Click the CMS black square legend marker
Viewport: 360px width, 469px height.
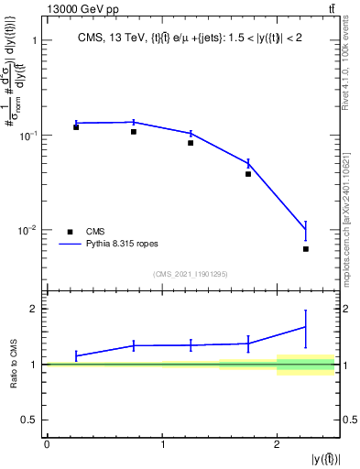tap(70, 232)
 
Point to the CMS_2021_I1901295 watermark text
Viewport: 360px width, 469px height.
tap(190, 274)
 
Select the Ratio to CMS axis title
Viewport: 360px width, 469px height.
tap(14, 365)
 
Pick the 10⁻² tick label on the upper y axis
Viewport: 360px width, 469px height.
tap(27, 230)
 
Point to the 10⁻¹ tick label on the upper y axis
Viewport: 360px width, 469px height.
tap(27, 136)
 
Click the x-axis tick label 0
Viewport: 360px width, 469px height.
tap(47, 444)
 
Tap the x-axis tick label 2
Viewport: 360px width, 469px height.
tap(278, 444)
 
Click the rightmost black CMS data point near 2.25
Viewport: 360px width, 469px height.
tap(306, 249)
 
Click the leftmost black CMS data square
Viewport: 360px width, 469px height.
tap(76, 127)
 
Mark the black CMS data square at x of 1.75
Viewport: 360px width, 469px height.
tap(248, 174)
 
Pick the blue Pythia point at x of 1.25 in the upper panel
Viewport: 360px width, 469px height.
tap(191, 133)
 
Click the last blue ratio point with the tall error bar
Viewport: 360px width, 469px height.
tap(306, 326)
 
